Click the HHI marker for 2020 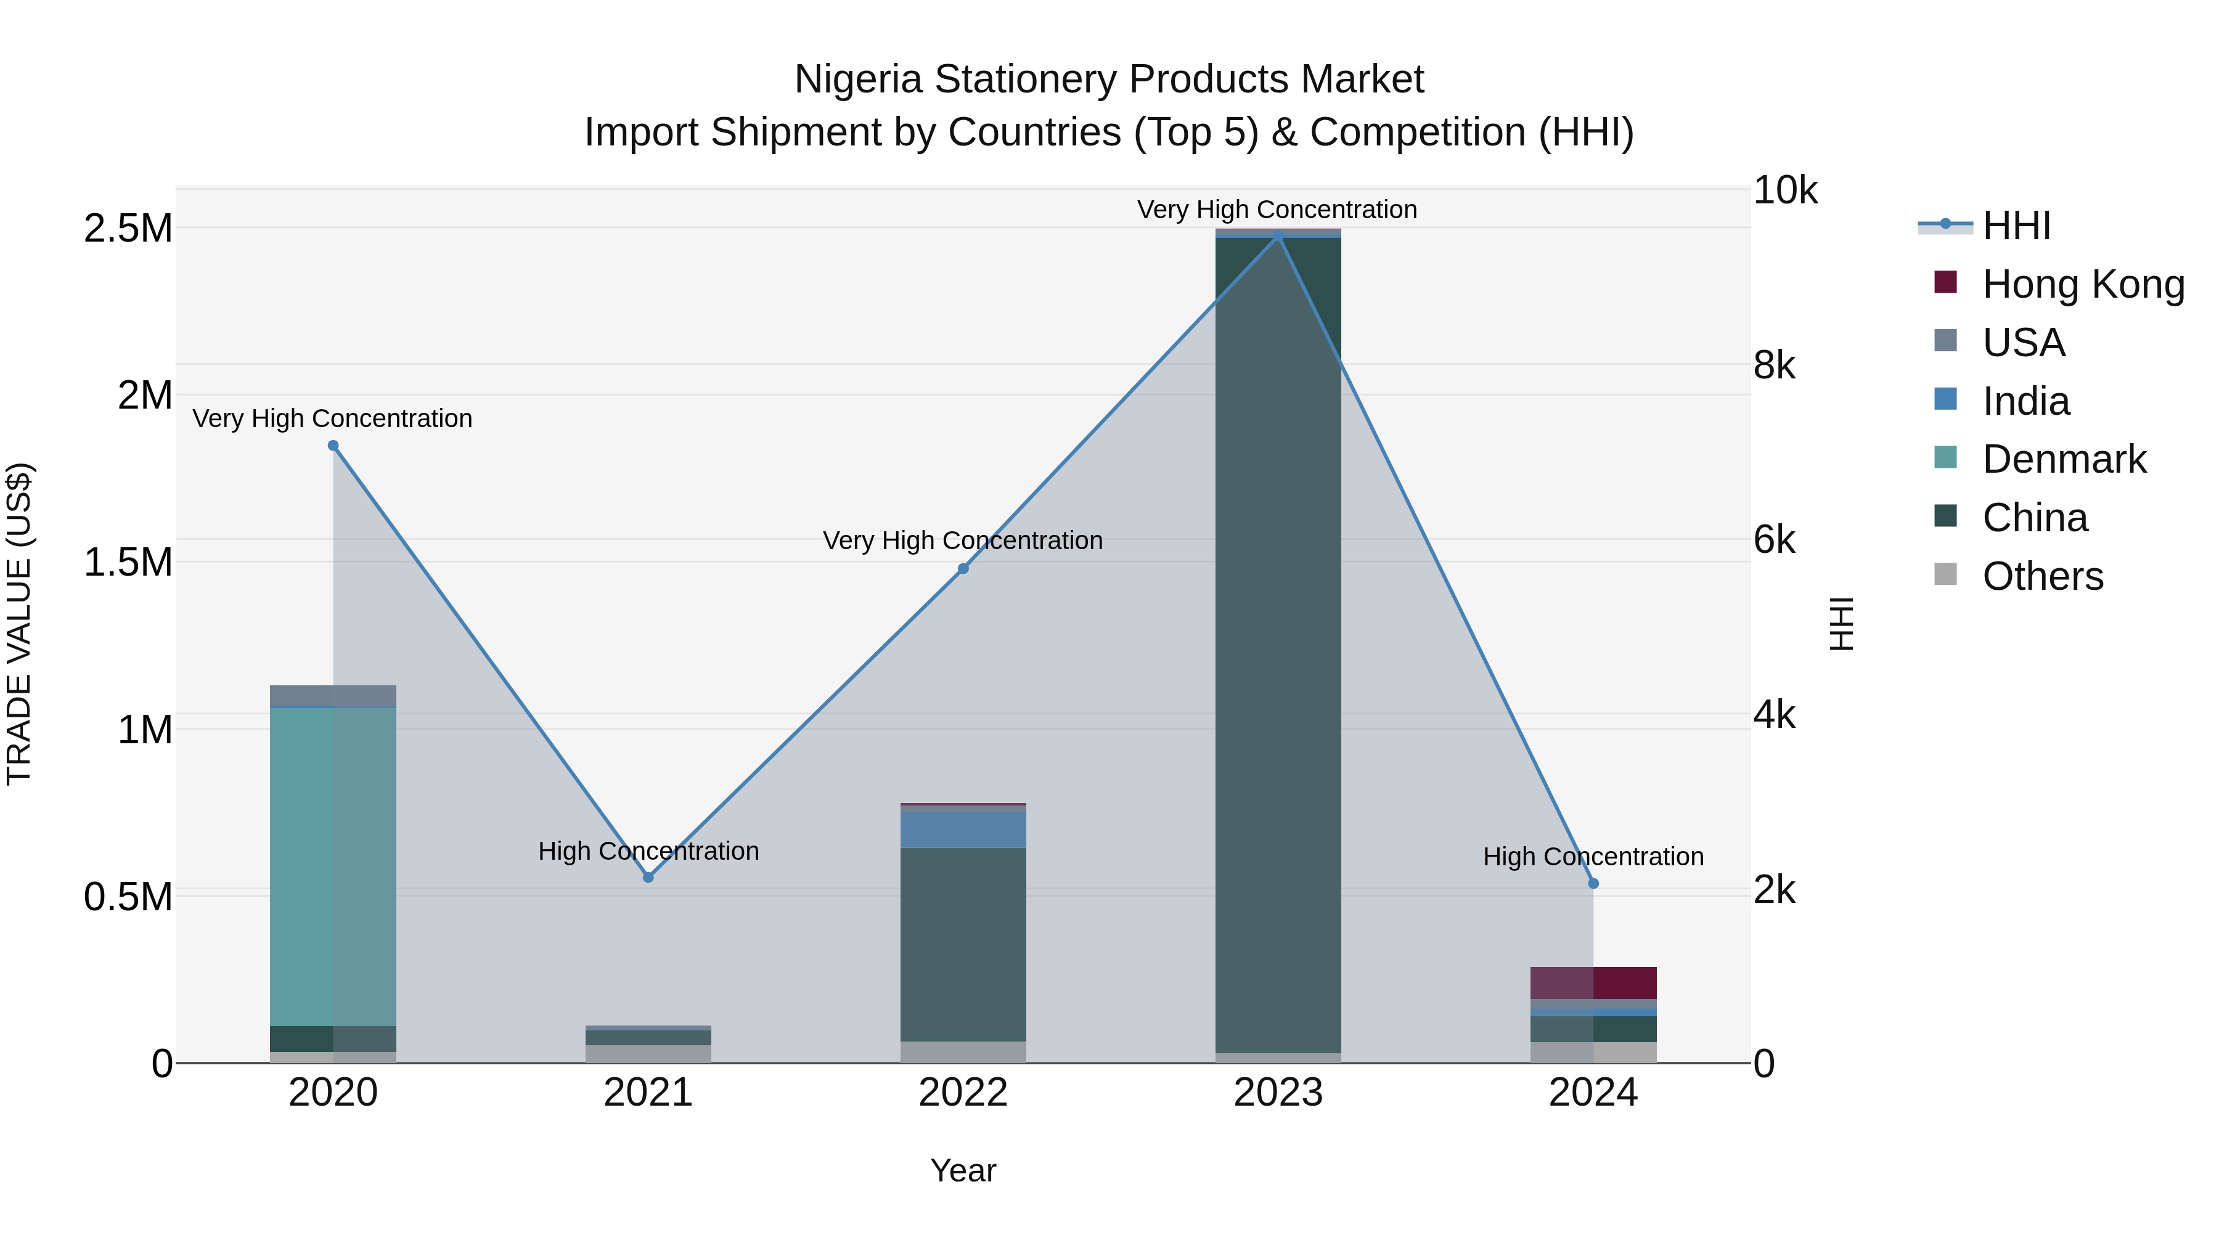click(x=333, y=446)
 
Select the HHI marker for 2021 click(x=648, y=877)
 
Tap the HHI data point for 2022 click(x=963, y=568)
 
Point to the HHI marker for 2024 click(x=1593, y=883)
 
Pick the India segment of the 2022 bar click(x=963, y=830)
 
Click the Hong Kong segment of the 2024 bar click(x=1593, y=983)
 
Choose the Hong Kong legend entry click(x=2083, y=284)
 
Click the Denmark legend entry click(x=2064, y=459)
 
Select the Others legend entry click(x=2043, y=576)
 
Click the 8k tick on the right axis click(x=1775, y=366)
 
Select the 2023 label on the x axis click(x=1278, y=1093)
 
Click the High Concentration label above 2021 click(x=648, y=851)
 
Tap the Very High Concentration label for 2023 click(x=1277, y=210)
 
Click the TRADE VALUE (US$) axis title click(x=19, y=624)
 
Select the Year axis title click(x=963, y=1170)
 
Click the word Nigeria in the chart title click(x=858, y=80)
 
